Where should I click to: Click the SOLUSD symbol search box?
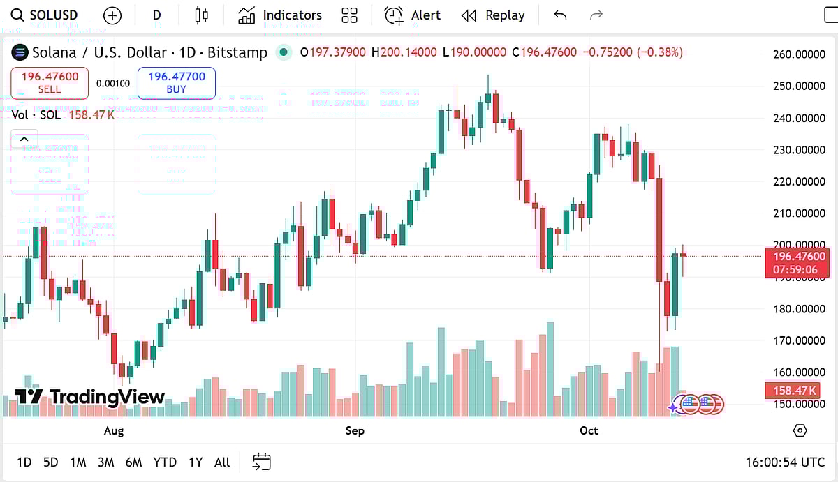(x=46, y=15)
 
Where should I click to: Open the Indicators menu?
(x=280, y=15)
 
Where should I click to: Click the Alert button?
(x=413, y=15)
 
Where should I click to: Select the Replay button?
(x=493, y=15)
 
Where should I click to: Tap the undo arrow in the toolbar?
(x=560, y=15)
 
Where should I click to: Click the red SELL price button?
(x=50, y=83)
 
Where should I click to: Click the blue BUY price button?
(x=177, y=83)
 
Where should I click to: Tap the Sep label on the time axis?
(x=355, y=430)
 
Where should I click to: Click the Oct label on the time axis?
(x=589, y=430)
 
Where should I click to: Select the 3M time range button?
(x=105, y=462)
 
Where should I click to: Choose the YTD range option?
(x=165, y=462)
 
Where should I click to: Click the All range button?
(x=222, y=462)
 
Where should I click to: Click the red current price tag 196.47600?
(x=797, y=257)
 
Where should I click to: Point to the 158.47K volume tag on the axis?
(x=797, y=390)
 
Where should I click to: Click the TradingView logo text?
(x=106, y=398)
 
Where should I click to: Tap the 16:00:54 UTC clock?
(x=785, y=462)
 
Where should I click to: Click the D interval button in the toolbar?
(x=156, y=15)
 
